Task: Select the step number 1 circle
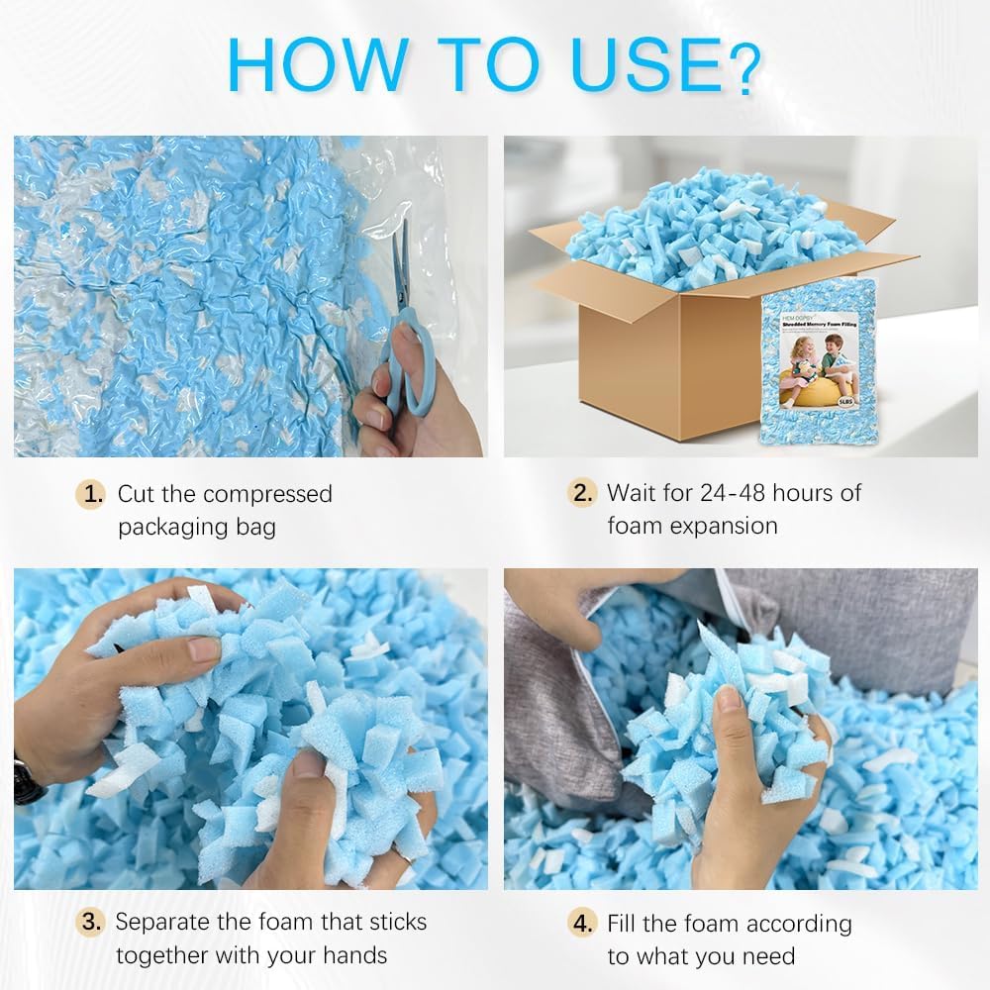(x=92, y=494)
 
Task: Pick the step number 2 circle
(x=582, y=493)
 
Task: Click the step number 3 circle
(x=92, y=923)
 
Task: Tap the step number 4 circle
(x=582, y=924)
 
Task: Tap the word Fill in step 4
(x=625, y=924)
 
